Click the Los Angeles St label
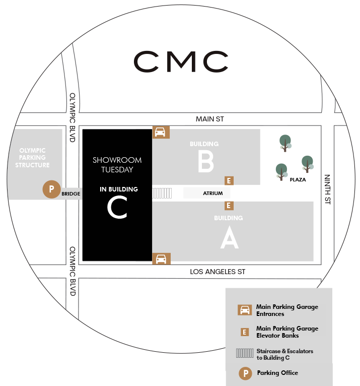(218, 272)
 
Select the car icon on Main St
(161, 132)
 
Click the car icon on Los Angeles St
(161, 259)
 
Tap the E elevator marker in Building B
(229, 181)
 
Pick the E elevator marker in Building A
(229, 206)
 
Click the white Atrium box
(206, 193)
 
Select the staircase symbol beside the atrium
(162, 193)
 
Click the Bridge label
(71, 193)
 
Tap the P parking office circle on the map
(51, 190)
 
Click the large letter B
(206, 162)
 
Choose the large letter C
(117, 207)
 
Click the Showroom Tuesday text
(117, 165)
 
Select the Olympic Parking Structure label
(32, 158)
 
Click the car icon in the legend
(245, 310)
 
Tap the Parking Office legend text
(277, 373)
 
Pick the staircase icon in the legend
(245, 354)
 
